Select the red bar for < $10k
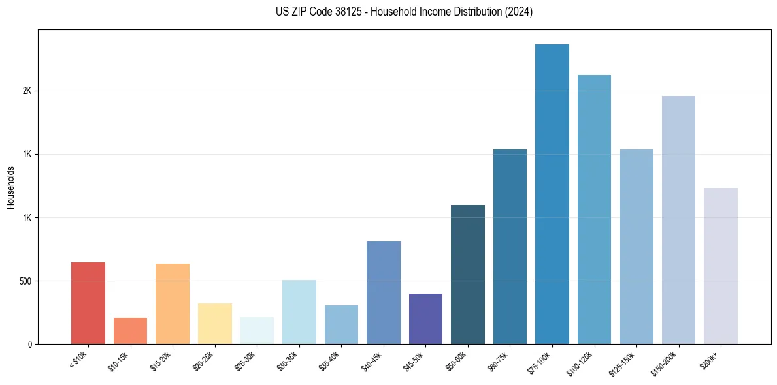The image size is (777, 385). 88,303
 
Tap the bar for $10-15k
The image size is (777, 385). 130,331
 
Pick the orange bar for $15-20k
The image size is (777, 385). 173,304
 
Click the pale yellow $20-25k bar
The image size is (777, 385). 214,324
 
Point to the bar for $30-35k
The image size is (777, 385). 299,312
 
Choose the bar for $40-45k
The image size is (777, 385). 383,293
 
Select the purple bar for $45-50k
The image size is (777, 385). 425,319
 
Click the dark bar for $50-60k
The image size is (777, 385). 467,275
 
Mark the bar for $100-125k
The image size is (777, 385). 594,209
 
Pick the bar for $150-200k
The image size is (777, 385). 678,220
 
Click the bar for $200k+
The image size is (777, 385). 720,266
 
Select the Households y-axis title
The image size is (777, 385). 10,187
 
